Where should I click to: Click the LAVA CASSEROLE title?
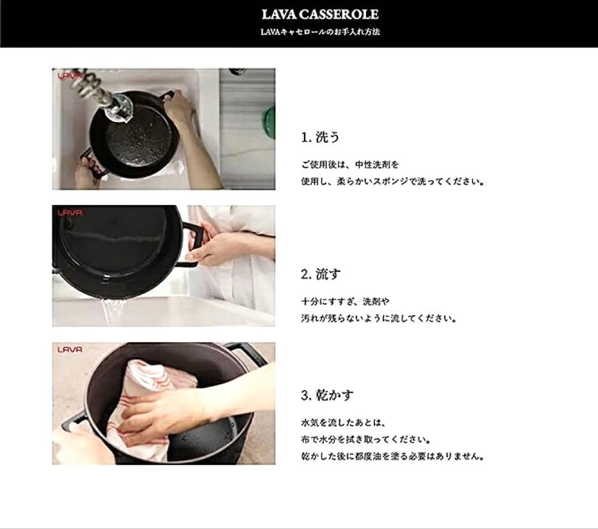click(320, 14)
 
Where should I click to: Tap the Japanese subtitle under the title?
click(320, 32)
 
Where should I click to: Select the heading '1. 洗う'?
click(320, 137)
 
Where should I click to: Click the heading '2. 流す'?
click(321, 274)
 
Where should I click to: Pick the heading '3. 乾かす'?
click(327, 395)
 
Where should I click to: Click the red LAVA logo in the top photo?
click(70, 75)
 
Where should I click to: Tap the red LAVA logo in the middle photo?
click(70, 213)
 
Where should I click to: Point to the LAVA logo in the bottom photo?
click(70, 350)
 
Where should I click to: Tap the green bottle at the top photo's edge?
click(269, 121)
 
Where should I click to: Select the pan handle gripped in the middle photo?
click(193, 244)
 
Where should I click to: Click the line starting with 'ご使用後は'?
click(350, 165)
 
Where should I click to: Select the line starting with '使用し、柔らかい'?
click(393, 182)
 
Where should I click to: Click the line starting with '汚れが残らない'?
click(379, 318)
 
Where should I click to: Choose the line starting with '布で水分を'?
click(366, 440)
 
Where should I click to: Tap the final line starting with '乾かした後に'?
click(393, 456)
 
